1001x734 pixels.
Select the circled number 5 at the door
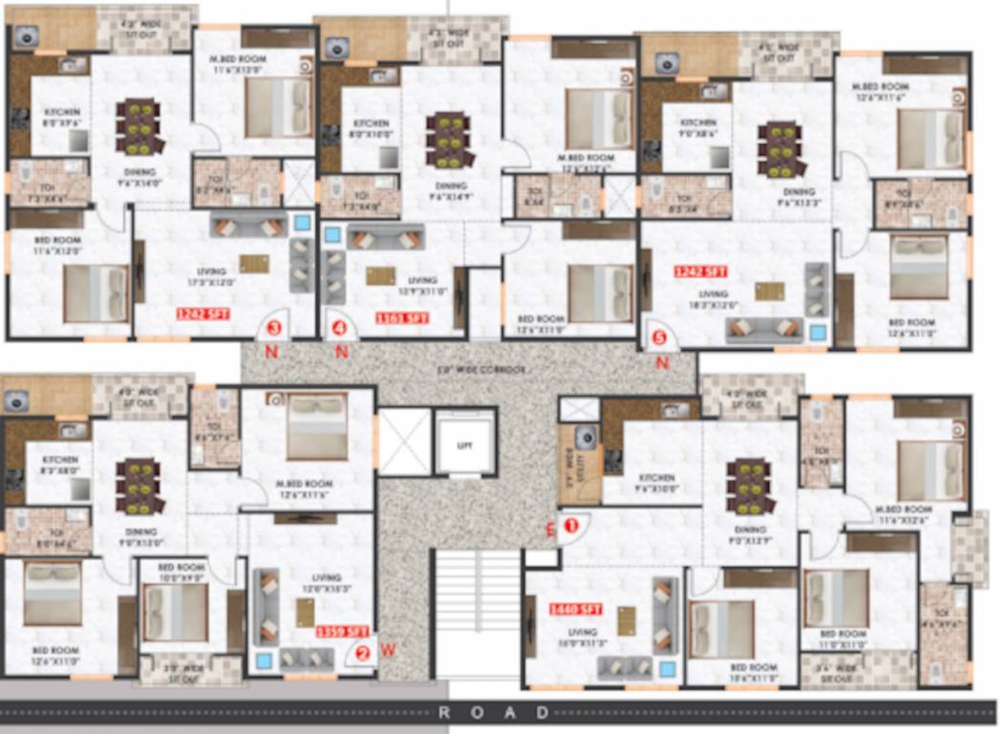click(657, 337)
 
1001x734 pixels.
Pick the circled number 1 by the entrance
click(572, 524)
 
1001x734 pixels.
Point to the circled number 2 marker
click(362, 654)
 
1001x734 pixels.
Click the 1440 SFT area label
click(574, 609)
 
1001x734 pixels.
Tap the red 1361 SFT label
click(402, 318)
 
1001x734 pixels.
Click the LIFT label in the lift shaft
click(464, 445)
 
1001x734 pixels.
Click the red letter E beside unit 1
click(550, 527)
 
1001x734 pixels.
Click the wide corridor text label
click(481, 369)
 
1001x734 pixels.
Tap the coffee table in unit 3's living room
click(254, 264)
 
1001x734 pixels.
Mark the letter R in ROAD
click(445, 713)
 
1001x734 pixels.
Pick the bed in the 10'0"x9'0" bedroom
click(175, 612)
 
